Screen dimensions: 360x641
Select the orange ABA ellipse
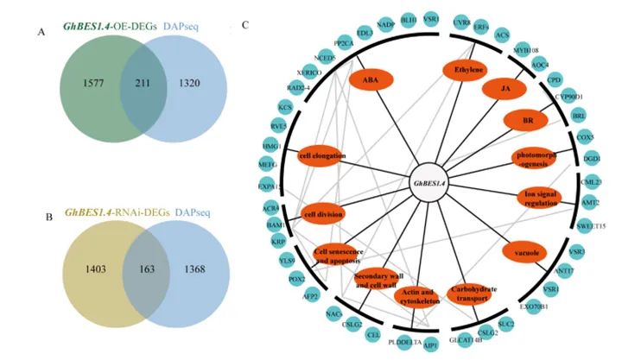click(x=371, y=79)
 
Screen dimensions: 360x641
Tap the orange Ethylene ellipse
click(x=467, y=69)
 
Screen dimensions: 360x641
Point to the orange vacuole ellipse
click(x=524, y=251)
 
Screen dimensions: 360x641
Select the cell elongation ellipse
click(x=322, y=156)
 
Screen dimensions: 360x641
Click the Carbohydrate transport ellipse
click(x=473, y=294)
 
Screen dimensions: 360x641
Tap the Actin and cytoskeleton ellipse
click(x=418, y=297)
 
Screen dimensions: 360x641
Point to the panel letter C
click(x=246, y=24)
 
